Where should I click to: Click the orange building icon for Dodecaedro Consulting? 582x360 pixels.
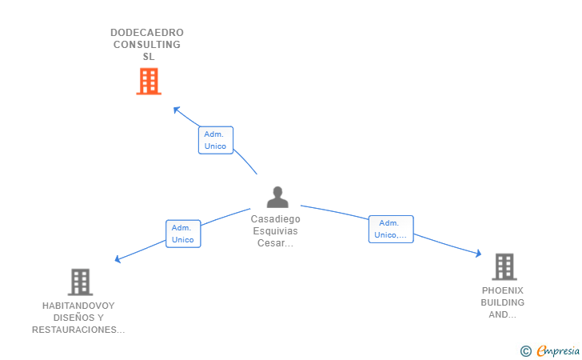point(149,81)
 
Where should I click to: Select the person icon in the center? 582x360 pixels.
point(277,197)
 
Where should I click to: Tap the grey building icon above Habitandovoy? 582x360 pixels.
point(80,282)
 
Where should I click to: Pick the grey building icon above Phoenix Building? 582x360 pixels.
point(504,266)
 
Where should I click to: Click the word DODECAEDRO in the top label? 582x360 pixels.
point(147,33)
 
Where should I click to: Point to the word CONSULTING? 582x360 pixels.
point(147,45)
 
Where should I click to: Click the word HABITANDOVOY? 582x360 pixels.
point(78,306)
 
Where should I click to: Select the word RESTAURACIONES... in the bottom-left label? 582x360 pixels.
point(78,330)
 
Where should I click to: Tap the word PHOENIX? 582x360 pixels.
point(503,290)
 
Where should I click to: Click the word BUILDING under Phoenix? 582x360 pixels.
point(503,302)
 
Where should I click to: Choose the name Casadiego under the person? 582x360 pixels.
point(276,218)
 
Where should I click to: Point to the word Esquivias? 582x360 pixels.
point(276,231)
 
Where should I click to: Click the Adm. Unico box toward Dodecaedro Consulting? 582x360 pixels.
point(215,140)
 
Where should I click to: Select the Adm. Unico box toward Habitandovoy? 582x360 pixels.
point(183,234)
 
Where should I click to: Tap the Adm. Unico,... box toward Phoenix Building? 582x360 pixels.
point(391,229)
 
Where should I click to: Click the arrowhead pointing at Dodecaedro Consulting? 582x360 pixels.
point(177,110)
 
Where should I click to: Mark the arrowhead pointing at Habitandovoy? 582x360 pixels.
point(118,258)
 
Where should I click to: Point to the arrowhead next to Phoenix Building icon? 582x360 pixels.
point(478,254)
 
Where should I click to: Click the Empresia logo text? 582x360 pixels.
point(559,350)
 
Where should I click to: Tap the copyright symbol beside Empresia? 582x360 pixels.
point(525,350)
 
